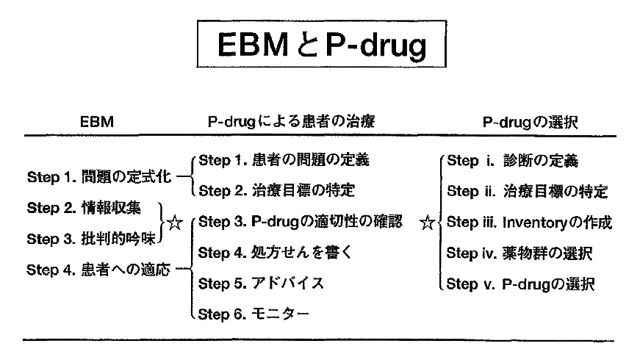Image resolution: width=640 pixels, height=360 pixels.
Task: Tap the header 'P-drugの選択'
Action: [530, 124]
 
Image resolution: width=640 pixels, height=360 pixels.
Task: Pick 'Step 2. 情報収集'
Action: [82, 208]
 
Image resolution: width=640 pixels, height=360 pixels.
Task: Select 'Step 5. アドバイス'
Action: [261, 283]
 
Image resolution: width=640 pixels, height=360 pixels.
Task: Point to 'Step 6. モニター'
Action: [254, 314]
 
